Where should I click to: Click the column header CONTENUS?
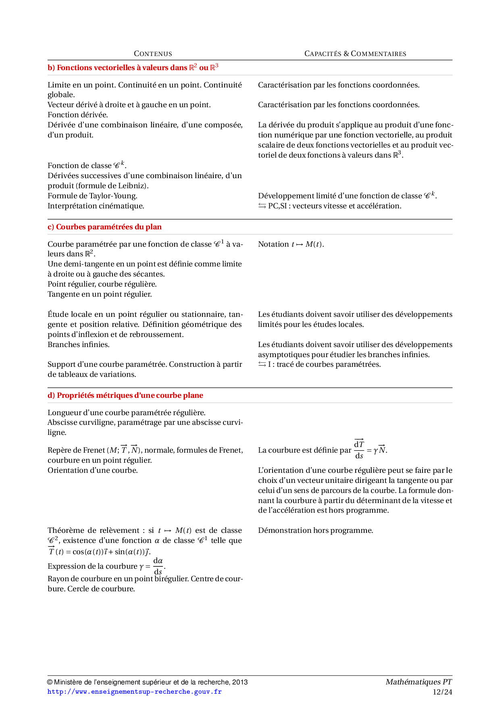point(153,54)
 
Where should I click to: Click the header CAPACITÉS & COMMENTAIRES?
point(355,54)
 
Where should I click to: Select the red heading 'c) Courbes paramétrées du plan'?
point(104,227)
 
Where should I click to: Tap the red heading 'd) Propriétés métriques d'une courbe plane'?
point(125,395)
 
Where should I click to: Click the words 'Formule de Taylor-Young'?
point(92,196)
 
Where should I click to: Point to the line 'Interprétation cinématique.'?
point(96,206)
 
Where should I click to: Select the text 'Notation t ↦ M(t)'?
point(291,244)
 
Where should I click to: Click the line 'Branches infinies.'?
point(79,345)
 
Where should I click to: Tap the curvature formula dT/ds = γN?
point(370,449)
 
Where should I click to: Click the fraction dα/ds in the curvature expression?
point(158,566)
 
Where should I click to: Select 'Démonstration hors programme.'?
point(316,530)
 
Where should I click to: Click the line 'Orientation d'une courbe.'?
point(93,470)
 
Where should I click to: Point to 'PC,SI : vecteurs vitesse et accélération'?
point(334,206)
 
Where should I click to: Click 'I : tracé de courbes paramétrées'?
point(324,364)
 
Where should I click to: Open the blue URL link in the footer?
point(135,692)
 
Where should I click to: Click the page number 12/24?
point(442,692)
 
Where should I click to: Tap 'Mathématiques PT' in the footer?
point(419,682)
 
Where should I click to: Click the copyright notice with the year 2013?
point(148,682)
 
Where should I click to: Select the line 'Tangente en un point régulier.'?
point(100,294)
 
